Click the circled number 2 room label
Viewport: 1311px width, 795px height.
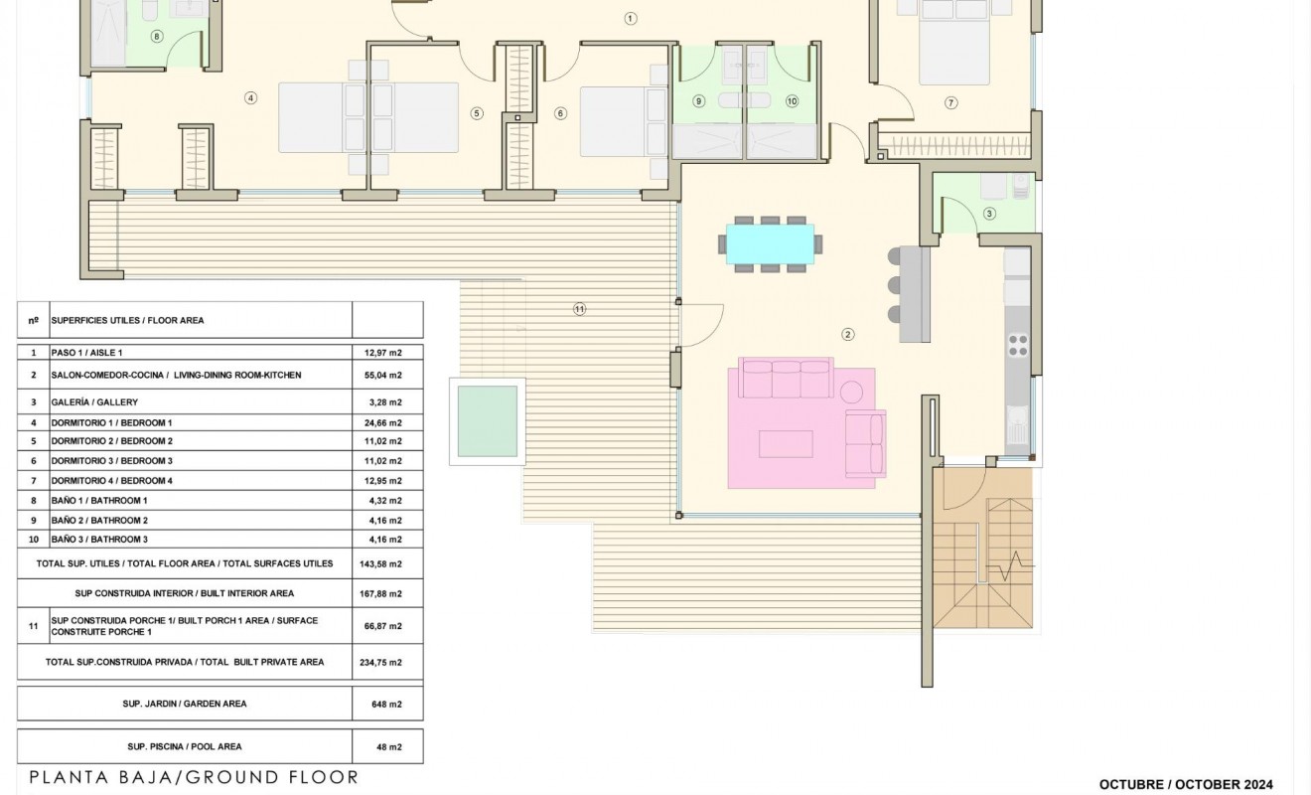point(847,335)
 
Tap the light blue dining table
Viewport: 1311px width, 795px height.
point(770,243)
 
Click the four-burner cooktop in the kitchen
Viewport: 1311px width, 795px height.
point(1018,344)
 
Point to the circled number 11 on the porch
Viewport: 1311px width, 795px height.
point(580,309)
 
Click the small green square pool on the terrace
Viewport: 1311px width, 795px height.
point(487,420)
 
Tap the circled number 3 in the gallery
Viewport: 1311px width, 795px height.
point(989,213)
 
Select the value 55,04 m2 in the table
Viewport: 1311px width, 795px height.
point(382,376)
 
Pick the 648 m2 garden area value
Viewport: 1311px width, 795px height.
point(387,704)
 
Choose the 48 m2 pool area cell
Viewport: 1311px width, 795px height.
point(387,746)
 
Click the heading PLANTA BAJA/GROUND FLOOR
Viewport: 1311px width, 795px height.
point(194,777)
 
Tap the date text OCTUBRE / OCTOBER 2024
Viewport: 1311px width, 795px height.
point(1185,784)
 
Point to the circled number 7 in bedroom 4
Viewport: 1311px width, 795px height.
point(950,102)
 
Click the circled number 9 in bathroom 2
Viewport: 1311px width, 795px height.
point(698,101)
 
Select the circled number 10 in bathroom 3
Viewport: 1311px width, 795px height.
point(792,101)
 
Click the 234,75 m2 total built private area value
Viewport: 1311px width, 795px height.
point(382,662)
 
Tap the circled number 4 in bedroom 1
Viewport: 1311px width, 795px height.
point(250,97)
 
